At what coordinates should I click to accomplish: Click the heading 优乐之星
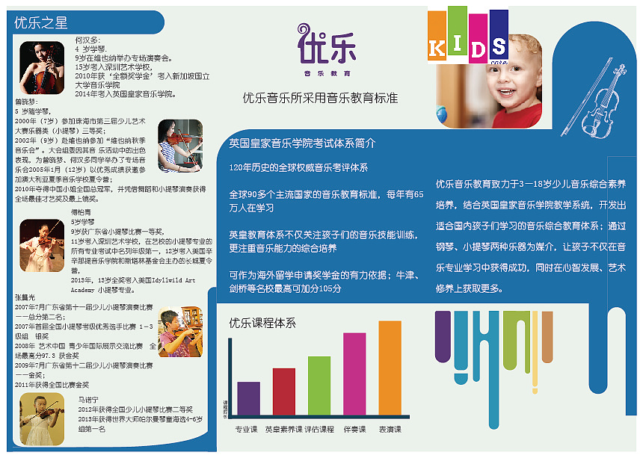[x=41, y=22]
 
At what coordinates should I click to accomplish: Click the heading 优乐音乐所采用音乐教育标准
[x=320, y=98]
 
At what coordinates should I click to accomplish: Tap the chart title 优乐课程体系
[x=262, y=323]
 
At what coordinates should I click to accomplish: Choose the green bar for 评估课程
[x=319, y=386]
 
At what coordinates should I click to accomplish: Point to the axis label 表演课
[x=390, y=430]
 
